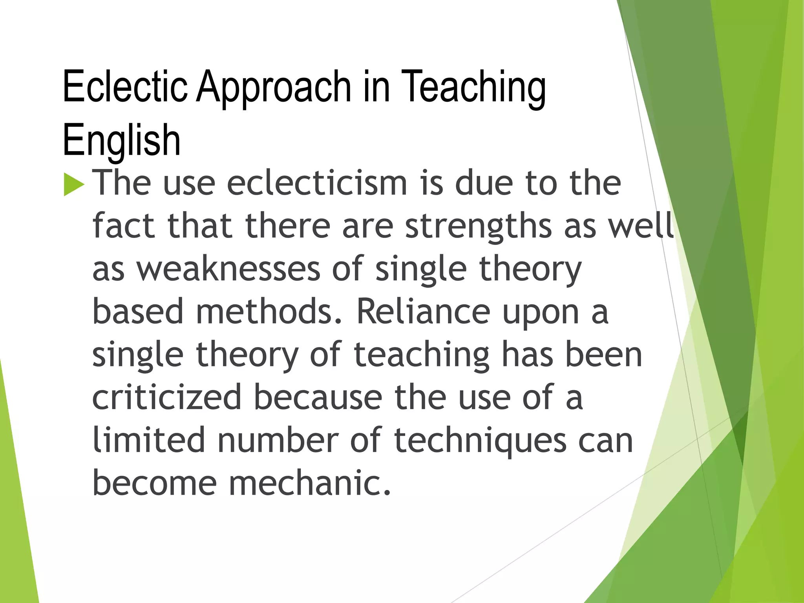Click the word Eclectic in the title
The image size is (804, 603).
(x=125, y=86)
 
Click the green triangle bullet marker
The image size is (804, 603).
(x=74, y=185)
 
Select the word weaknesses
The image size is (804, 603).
(x=228, y=269)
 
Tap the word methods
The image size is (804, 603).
(x=269, y=312)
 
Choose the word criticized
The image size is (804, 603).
(x=167, y=397)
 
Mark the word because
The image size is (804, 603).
(x=318, y=397)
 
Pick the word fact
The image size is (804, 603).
(x=124, y=226)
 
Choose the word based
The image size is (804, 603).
(x=138, y=312)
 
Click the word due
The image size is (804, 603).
(x=484, y=183)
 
